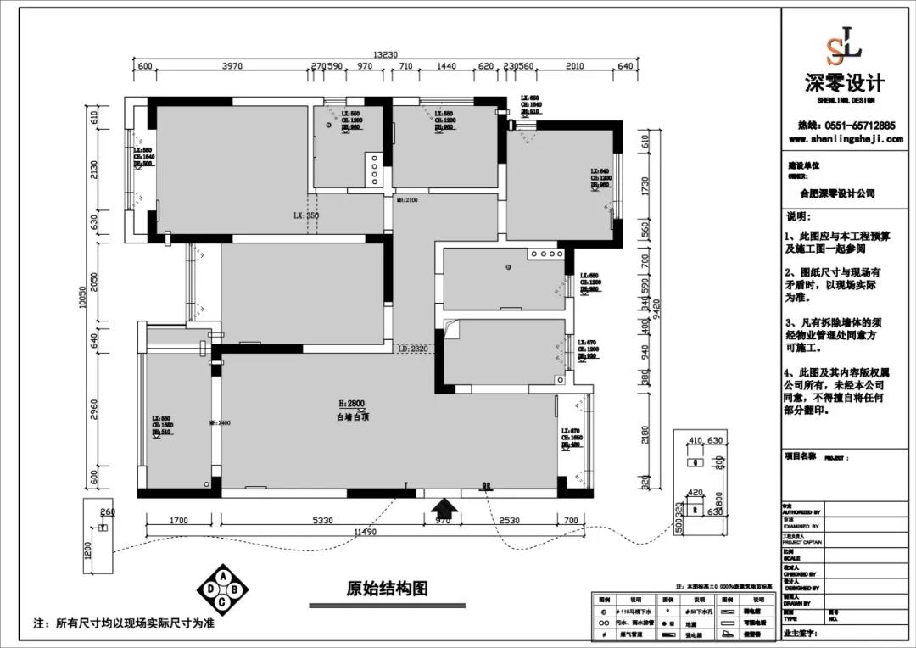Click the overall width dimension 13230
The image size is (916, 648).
click(x=386, y=54)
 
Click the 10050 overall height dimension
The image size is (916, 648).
click(x=84, y=297)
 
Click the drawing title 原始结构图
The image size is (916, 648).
click(x=387, y=588)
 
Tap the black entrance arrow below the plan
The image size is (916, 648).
click(x=444, y=507)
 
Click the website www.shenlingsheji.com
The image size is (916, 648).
click(x=845, y=139)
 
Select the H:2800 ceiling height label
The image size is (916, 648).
click(x=350, y=404)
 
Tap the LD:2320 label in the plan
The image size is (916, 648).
click(x=414, y=348)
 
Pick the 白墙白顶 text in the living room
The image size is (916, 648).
click(x=350, y=417)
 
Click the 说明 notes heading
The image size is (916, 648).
click(x=799, y=216)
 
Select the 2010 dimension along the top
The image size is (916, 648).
click(x=575, y=66)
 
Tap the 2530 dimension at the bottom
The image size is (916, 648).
click(x=509, y=521)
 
